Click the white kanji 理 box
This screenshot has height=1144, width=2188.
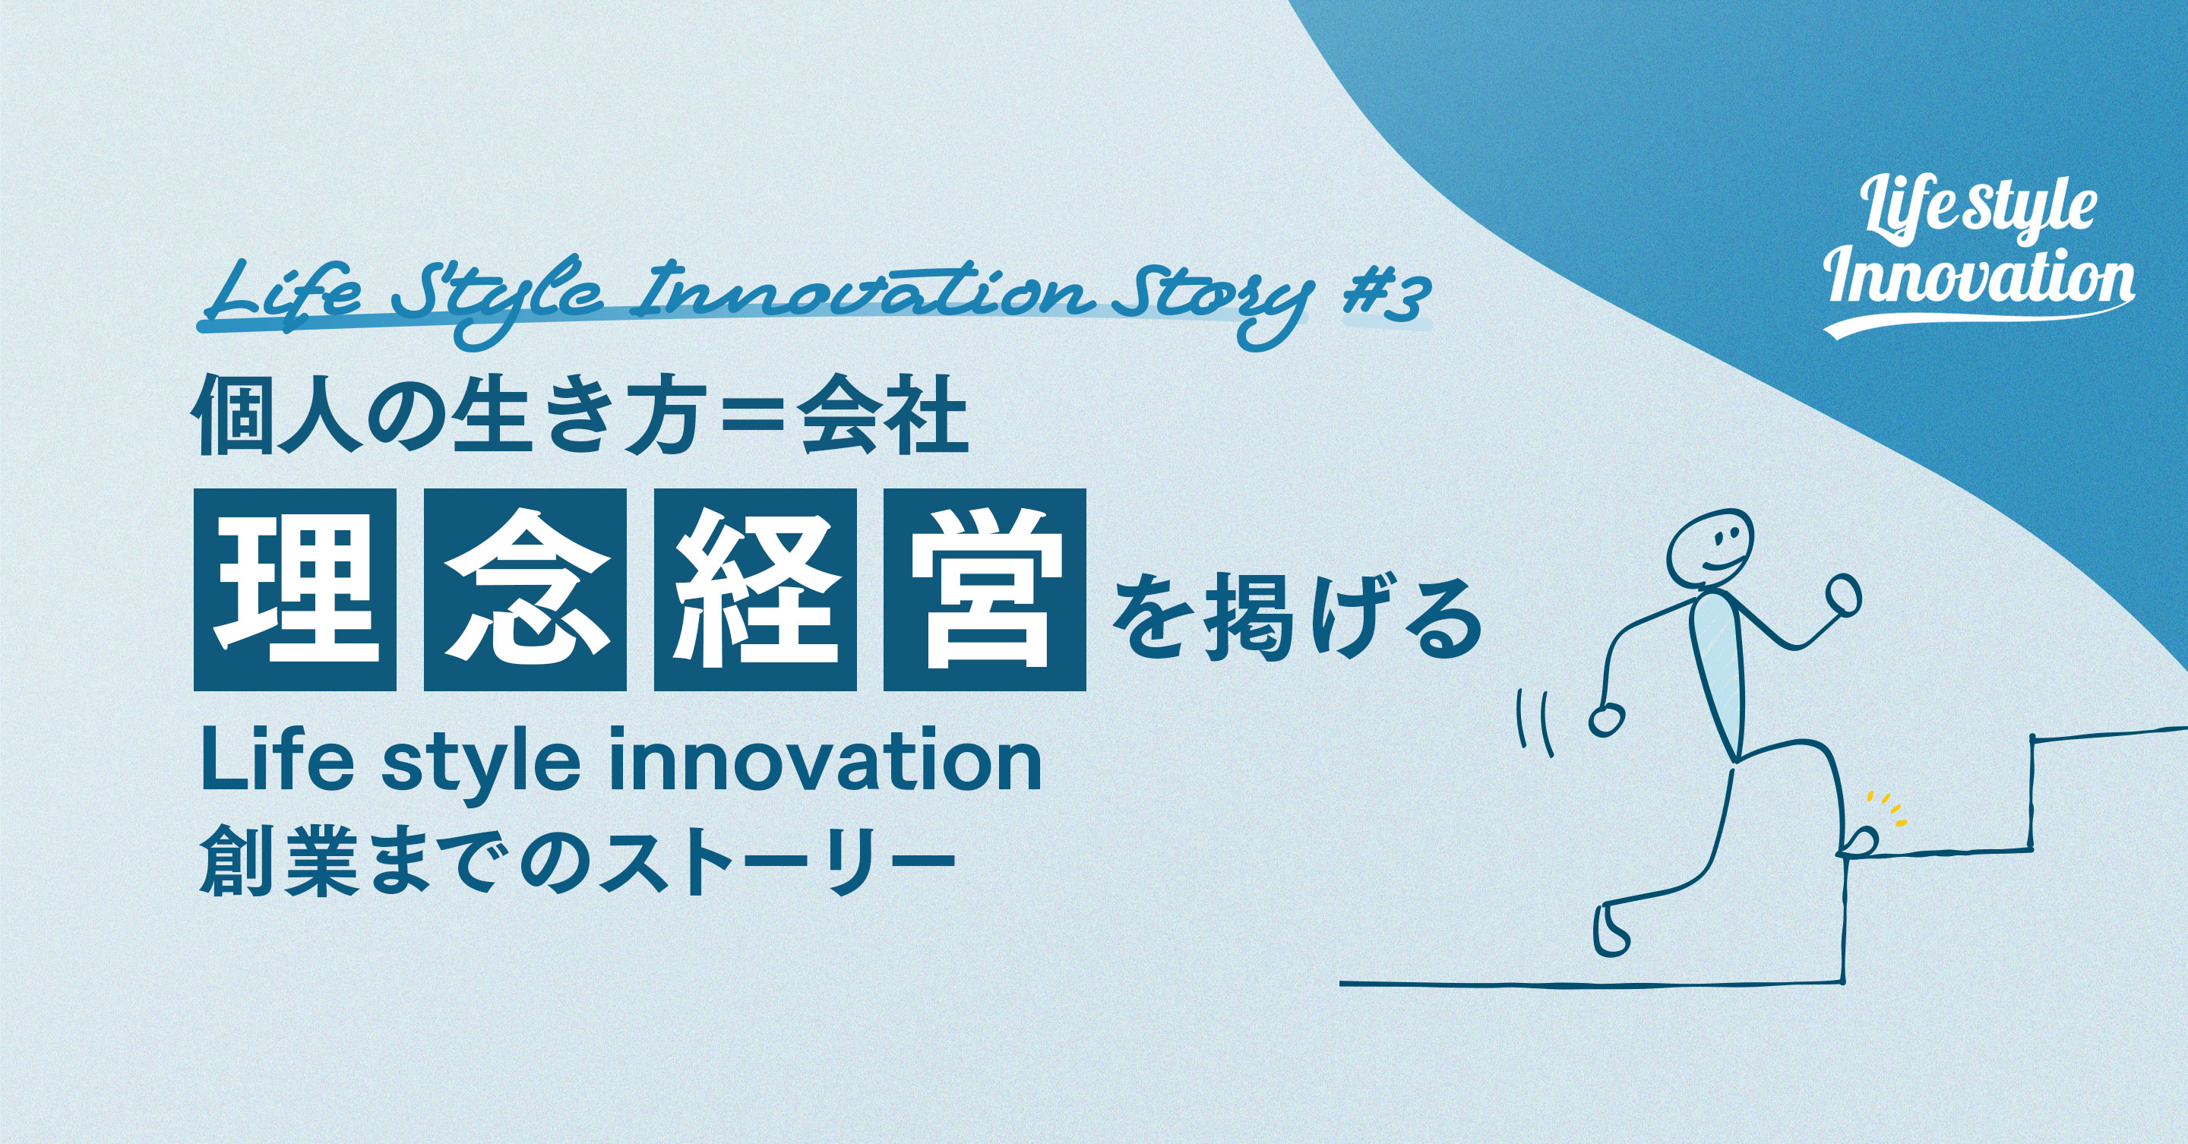(x=295, y=589)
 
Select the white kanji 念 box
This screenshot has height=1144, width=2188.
(x=525, y=589)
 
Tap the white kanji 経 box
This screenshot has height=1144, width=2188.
(x=755, y=589)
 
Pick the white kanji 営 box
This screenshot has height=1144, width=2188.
(x=985, y=589)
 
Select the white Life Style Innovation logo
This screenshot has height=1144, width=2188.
(x=1979, y=259)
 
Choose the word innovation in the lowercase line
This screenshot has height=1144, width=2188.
(x=824, y=763)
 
